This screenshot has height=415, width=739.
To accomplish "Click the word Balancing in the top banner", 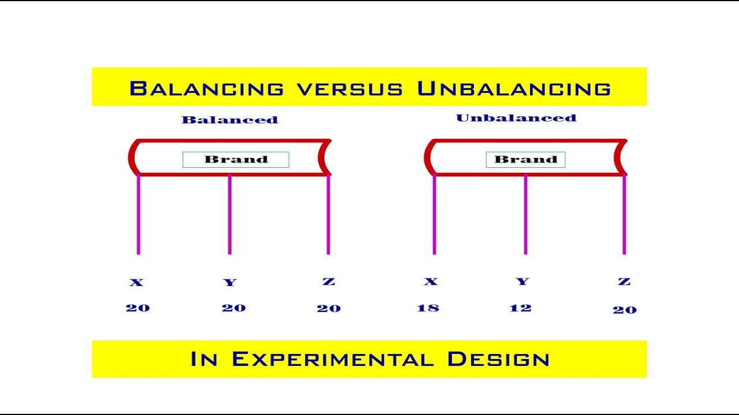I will (x=207, y=89).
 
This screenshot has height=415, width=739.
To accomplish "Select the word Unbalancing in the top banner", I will (x=514, y=89).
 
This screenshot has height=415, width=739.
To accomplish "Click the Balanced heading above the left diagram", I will (x=230, y=120).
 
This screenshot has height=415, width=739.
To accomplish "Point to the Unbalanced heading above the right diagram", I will (x=516, y=118).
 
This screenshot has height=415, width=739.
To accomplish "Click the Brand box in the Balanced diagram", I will (x=236, y=160).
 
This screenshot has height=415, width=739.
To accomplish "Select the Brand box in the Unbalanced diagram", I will (x=525, y=160).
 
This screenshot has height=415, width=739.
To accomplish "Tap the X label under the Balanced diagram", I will (x=136, y=282).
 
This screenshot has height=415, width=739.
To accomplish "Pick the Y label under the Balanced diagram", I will (x=230, y=282).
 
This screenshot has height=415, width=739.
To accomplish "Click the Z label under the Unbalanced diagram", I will (x=624, y=281).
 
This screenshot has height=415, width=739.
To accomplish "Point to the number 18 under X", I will (x=428, y=308).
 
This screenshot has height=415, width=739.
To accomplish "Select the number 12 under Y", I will (x=520, y=308).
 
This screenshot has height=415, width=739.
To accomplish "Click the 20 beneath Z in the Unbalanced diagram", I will (x=624, y=310).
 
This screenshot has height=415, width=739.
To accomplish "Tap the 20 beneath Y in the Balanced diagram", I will (x=234, y=308).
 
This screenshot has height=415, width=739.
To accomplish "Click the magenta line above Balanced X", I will (x=139, y=214).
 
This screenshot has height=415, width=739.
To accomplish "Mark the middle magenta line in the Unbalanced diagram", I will (x=525, y=214).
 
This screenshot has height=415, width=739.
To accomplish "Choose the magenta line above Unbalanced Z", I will (x=624, y=214).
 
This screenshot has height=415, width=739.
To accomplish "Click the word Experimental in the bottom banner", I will (x=333, y=359).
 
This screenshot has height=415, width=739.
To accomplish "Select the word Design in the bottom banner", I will (x=498, y=359).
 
